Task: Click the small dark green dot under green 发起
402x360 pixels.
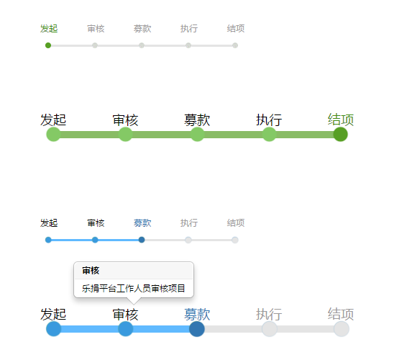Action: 48,45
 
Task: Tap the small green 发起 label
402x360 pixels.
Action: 49,29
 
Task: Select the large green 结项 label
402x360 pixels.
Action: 341,120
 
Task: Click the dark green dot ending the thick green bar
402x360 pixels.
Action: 340,134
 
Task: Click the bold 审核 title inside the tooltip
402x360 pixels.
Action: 91,271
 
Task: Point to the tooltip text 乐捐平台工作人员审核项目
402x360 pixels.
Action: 133,289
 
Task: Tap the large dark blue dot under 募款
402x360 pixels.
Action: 197,329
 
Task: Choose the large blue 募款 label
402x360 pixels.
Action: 197,315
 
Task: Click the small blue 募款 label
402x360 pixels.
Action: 142,223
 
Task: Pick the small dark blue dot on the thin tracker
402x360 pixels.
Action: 142,240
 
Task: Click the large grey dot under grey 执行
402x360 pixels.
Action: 270,329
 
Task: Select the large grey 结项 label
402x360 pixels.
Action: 341,315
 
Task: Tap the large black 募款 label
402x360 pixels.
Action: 197,120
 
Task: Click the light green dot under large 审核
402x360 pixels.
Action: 125,135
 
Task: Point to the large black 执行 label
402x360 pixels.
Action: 269,120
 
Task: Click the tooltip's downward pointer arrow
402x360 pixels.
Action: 134,301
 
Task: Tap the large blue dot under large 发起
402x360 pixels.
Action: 54,329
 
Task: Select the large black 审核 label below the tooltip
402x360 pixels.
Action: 125,315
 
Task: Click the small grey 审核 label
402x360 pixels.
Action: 96,29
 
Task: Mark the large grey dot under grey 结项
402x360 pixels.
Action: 342,329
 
